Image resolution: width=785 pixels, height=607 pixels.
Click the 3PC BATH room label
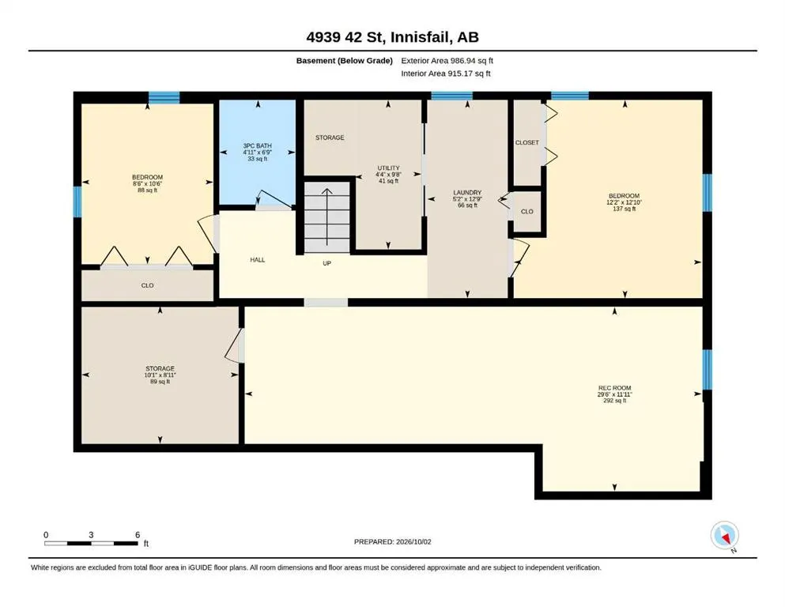[x=258, y=145]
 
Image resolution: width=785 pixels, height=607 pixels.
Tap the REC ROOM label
[x=614, y=388]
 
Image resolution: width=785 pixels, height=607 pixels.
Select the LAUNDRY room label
[x=467, y=193]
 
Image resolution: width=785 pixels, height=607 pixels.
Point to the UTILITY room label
[x=388, y=168]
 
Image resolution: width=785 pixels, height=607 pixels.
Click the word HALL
[x=258, y=260]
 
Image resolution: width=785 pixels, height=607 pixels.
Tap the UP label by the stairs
[x=327, y=263]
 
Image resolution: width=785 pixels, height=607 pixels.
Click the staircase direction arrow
[x=327, y=217]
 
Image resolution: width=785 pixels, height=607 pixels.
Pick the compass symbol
[x=724, y=535]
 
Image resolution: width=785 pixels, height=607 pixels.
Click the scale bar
[x=91, y=543]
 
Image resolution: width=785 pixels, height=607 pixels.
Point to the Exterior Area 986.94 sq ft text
[x=447, y=61]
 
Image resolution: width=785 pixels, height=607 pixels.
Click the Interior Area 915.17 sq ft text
[x=446, y=74]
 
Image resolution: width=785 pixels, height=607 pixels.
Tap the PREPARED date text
[x=392, y=541]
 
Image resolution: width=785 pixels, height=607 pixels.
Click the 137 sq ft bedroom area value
[x=625, y=209]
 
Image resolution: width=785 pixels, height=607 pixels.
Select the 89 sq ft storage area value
[x=160, y=381]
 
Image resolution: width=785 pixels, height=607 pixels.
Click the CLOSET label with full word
[x=527, y=142]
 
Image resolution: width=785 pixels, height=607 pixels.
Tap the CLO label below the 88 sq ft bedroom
[x=147, y=285]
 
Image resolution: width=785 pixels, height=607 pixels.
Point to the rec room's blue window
[x=707, y=369]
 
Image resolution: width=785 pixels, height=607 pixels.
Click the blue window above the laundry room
[x=452, y=96]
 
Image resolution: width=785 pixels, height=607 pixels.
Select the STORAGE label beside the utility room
[x=330, y=138]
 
